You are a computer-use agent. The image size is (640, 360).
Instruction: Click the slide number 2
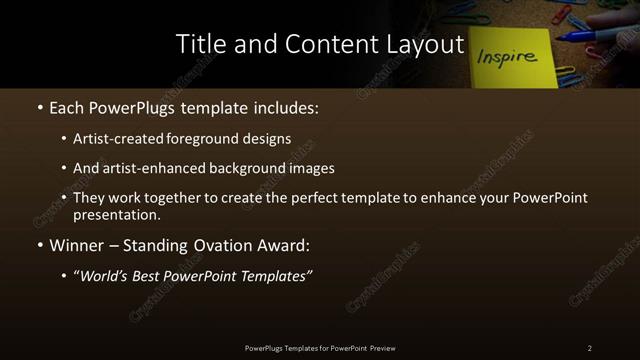[590, 348]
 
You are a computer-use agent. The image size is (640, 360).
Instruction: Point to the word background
[233, 168]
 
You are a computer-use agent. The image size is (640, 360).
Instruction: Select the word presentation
[117, 214]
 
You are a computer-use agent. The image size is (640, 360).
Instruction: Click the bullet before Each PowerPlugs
[39, 106]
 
